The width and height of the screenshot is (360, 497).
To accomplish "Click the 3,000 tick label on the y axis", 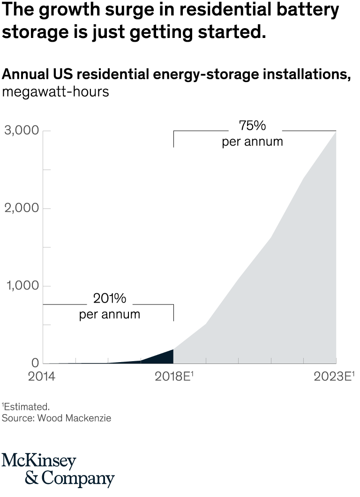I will (21, 131).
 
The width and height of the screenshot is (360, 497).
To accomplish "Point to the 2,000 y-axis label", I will (21, 208).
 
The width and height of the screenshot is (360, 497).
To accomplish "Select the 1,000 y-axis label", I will (22, 286).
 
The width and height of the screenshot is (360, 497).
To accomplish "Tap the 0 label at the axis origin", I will (35, 363).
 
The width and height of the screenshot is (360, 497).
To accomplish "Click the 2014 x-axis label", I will (42, 377).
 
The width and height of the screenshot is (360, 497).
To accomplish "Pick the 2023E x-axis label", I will (332, 377).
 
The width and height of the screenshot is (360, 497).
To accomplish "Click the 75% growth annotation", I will (252, 126).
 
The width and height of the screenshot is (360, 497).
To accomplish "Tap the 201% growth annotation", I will (109, 299).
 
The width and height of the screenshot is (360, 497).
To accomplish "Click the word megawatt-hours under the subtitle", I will (55, 92).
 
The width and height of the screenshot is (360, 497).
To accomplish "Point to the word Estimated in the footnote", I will (27, 407).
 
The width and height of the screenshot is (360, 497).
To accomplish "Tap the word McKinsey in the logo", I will (38, 461).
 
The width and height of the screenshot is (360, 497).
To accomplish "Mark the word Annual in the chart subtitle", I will (26, 74).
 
